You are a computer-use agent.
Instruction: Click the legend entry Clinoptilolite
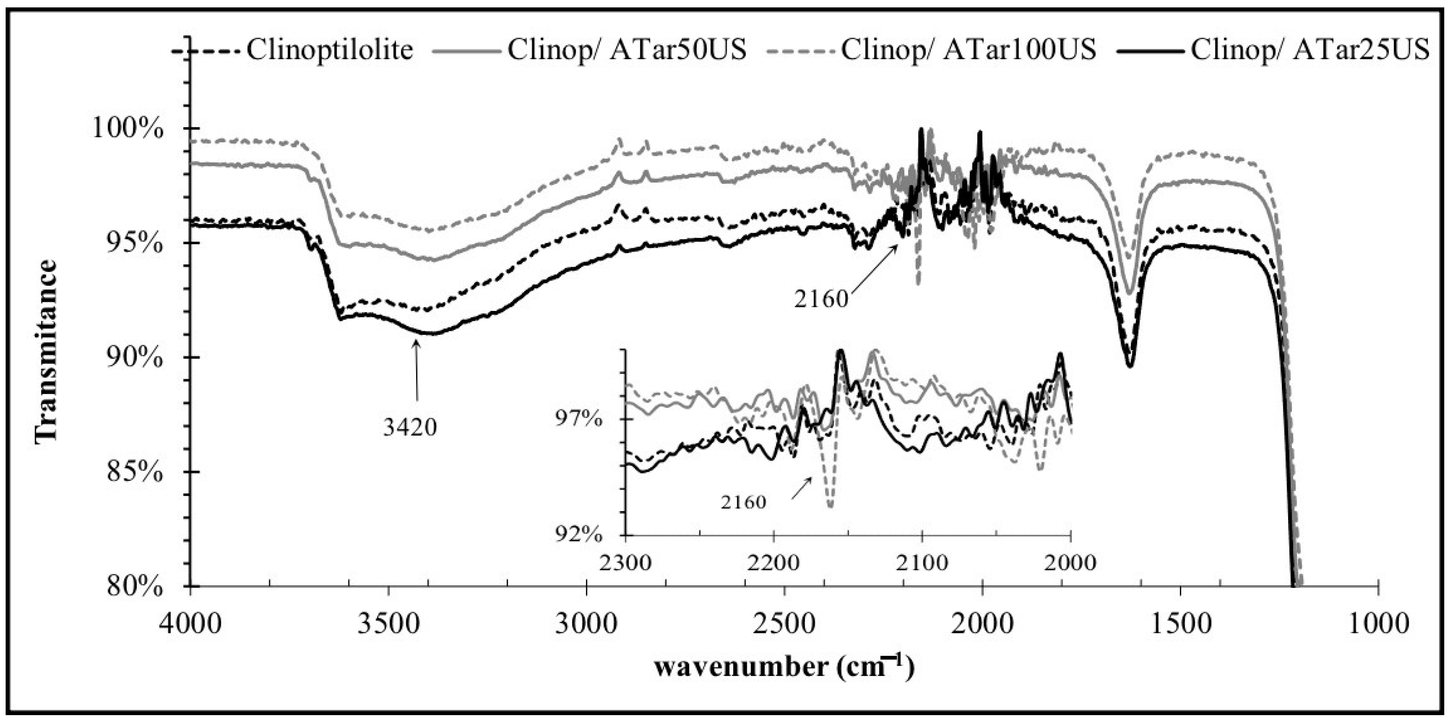[330, 50]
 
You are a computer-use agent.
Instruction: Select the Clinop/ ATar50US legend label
[627, 50]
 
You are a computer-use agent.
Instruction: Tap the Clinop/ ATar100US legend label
[968, 50]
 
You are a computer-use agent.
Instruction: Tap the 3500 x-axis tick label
[388, 625]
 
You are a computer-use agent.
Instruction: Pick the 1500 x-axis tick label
[1180, 625]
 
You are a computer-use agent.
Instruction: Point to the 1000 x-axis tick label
[1378, 625]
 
